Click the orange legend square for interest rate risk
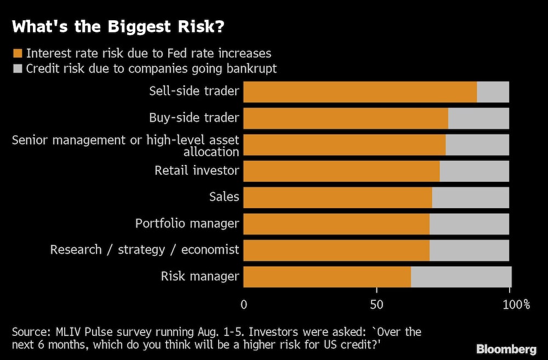18,54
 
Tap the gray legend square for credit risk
18,68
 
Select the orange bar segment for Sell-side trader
359,92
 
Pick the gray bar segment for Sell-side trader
493,92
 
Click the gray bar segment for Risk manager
460,277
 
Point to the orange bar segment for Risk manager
327,277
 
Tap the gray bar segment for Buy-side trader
478,118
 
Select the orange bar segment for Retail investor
341,171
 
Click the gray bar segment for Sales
470,197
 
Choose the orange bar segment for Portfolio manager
336,224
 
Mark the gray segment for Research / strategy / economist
469,250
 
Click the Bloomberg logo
506,349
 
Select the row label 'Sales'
224,197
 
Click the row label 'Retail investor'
197,170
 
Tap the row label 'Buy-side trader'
194,118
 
